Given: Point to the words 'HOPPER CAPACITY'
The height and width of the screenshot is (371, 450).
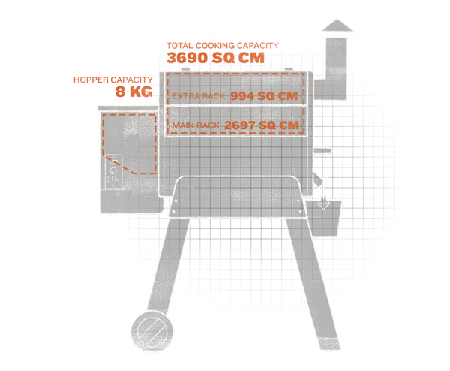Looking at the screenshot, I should (112, 80).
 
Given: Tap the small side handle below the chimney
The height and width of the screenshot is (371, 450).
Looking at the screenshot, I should (322, 154).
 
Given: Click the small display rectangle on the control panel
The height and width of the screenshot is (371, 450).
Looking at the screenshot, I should (115, 160).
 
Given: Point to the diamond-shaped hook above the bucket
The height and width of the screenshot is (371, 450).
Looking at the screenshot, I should (324, 202).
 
